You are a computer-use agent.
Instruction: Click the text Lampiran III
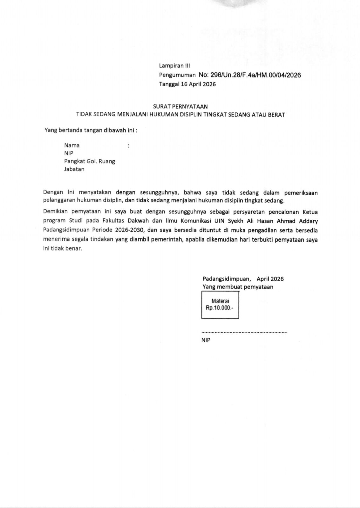point(174,66)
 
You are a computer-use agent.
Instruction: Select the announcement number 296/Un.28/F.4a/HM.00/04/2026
point(249,75)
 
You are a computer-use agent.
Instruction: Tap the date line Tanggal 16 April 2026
point(187,84)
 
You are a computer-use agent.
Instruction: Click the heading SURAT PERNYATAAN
point(180,107)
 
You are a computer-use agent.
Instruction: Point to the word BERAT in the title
point(276,115)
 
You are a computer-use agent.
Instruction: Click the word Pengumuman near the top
point(177,75)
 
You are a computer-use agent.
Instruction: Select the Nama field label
point(72,145)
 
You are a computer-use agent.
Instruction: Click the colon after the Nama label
point(128,146)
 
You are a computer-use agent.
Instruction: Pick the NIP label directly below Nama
point(69,153)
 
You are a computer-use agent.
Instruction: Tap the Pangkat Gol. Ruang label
point(90,161)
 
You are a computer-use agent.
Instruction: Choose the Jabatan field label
point(74,169)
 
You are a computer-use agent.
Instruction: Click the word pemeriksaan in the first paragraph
point(301,193)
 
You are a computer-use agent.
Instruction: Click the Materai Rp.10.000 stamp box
point(220,305)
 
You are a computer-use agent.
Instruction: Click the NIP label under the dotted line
point(206,340)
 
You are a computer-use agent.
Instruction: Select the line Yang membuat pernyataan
point(238,287)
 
